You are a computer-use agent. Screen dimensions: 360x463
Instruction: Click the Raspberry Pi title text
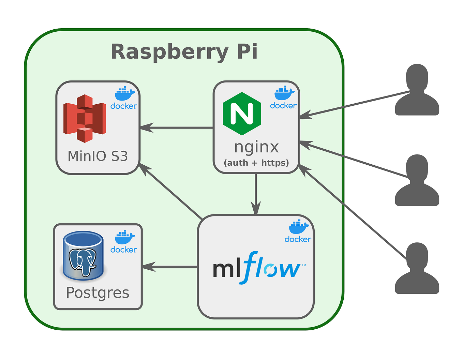click(184, 52)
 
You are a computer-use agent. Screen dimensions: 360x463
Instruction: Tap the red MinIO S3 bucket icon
click(85, 119)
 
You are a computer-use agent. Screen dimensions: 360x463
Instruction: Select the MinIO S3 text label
click(98, 156)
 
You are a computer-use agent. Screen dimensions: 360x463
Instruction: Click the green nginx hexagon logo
click(242, 114)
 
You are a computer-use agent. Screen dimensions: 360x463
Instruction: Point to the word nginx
click(256, 147)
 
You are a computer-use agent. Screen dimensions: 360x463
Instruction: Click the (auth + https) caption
click(256, 163)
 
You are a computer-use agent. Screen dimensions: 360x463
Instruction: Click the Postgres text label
click(98, 293)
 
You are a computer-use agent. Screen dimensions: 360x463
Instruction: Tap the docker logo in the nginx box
click(283, 98)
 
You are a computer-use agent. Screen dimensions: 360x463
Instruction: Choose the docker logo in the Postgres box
click(124, 242)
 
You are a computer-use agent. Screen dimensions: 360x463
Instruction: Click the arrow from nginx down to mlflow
click(256, 194)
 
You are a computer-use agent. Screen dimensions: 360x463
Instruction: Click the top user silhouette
click(417, 90)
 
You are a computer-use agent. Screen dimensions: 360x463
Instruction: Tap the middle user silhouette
click(417, 181)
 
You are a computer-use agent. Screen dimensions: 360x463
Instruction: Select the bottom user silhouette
click(417, 269)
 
